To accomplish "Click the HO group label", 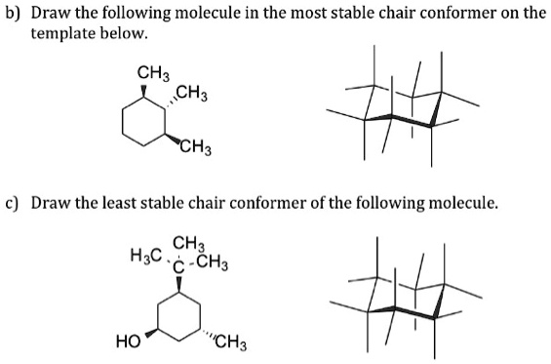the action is pyautogui.click(x=127, y=342).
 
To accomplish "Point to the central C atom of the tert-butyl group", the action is pyautogui.click(x=179, y=263).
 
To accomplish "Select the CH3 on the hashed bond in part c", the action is pyautogui.click(x=231, y=342).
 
